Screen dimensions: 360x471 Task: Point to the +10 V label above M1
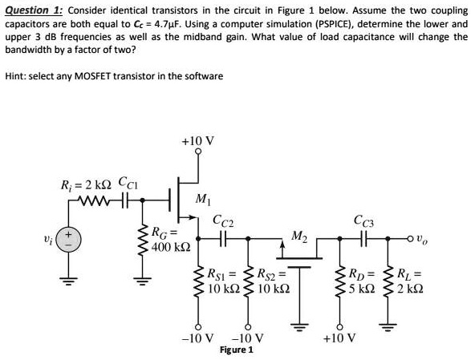click(x=197, y=141)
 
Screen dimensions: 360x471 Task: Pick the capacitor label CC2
click(x=224, y=221)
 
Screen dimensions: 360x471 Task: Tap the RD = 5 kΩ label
click(x=362, y=278)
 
